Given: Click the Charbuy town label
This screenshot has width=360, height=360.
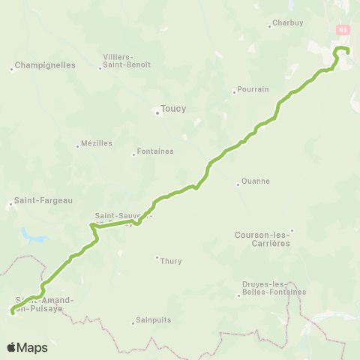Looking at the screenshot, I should coord(288,23).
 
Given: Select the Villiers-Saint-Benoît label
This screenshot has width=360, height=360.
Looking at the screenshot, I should coord(118,61).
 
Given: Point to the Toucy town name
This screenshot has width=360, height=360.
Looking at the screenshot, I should coord(173,109).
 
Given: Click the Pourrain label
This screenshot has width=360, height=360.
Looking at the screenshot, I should coord(253,89).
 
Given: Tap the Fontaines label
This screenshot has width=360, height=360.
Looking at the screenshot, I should coord(155,151).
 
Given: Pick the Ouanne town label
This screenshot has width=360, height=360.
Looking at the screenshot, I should coord(255,181).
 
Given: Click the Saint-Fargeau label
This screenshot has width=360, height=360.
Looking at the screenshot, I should coord(42,201).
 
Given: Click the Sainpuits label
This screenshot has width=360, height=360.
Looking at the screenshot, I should coord(154,320).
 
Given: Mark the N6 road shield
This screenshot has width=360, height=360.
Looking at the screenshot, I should coord(343,30).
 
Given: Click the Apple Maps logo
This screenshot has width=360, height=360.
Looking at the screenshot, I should coord(27,347).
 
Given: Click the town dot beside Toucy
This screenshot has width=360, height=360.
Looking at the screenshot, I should coord(157,113).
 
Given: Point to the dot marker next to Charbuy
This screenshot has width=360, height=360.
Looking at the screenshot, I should coord(270,26).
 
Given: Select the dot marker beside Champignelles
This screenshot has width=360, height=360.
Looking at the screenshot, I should coord(12,69).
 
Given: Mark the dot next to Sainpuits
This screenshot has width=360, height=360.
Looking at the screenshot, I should coord(133,323).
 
